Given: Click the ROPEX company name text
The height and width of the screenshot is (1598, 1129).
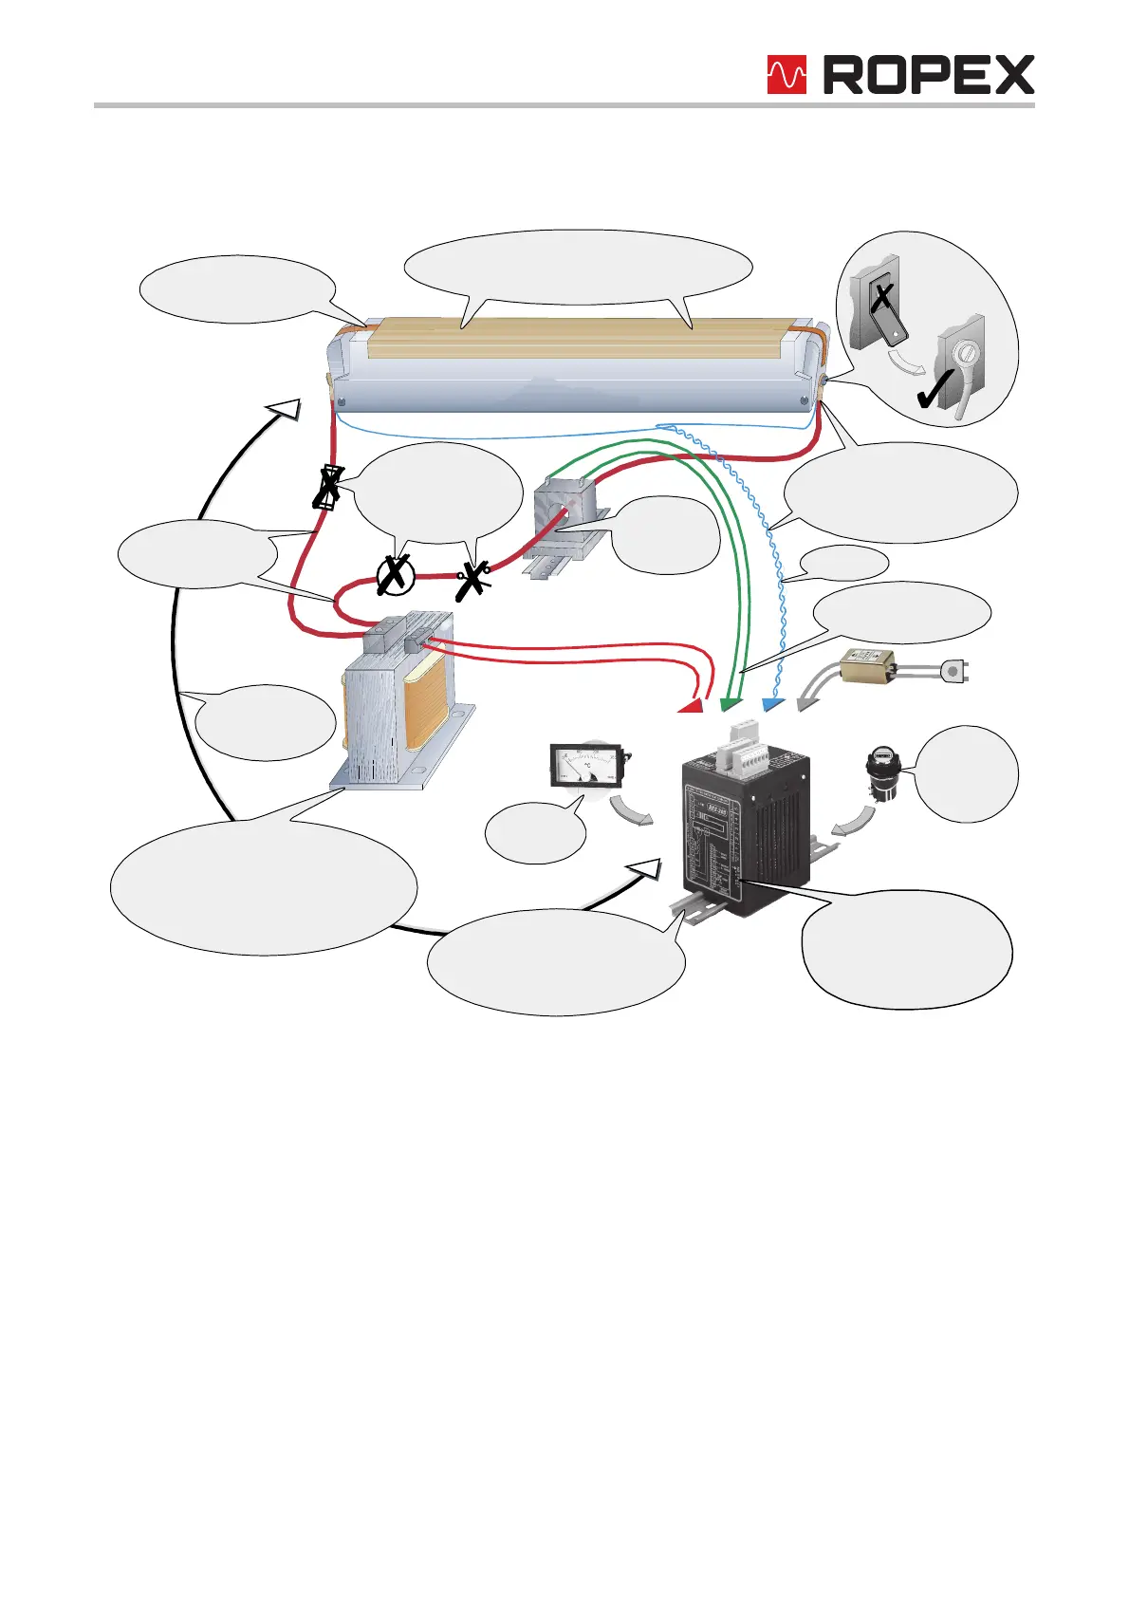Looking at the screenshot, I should tap(928, 75).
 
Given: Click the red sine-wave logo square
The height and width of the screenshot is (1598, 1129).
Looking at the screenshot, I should tap(787, 75).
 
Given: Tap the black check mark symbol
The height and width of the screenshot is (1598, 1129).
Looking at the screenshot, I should tap(936, 388).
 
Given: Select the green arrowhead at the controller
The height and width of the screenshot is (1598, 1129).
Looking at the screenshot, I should tap(729, 704).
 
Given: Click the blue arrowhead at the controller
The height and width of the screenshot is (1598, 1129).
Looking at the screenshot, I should tap(771, 704).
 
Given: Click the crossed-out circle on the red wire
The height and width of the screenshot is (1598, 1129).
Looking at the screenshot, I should tap(396, 576).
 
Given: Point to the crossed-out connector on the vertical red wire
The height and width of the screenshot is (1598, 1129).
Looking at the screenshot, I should tap(327, 488).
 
